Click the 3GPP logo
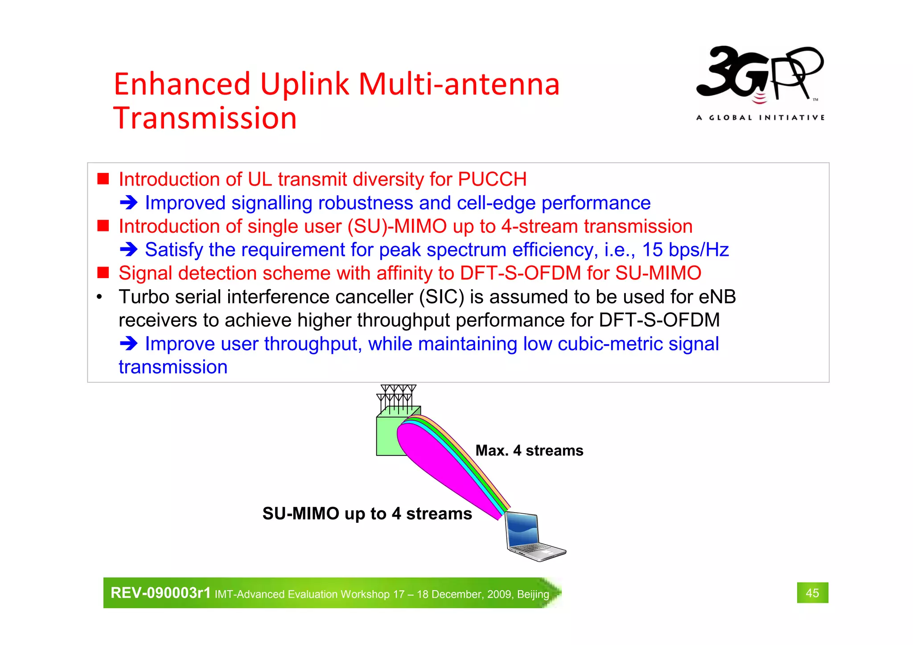(x=760, y=74)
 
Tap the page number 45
(x=812, y=593)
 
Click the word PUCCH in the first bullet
(x=492, y=179)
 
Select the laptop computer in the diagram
(x=533, y=537)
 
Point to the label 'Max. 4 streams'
(x=529, y=451)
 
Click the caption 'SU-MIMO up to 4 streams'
(x=367, y=514)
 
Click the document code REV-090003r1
(x=160, y=593)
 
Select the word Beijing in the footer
(x=533, y=594)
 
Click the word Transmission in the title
(x=205, y=119)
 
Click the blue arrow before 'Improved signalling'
(x=129, y=203)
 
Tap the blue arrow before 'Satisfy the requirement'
(x=129, y=250)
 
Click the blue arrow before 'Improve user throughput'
(x=129, y=344)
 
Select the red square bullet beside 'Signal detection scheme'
(x=103, y=273)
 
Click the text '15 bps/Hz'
(x=685, y=250)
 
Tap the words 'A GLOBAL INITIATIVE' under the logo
(x=760, y=118)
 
